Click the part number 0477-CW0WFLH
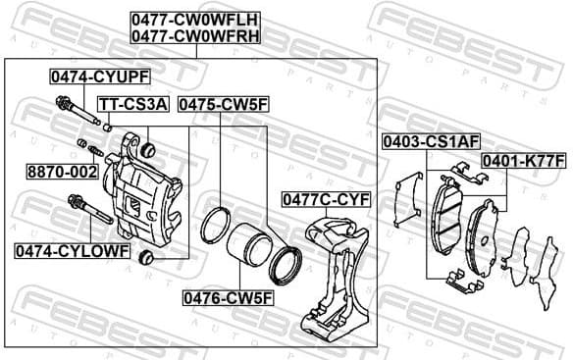[196, 18]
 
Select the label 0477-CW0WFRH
[196, 36]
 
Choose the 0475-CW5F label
[223, 103]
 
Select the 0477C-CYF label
[327, 199]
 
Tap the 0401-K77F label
[523, 161]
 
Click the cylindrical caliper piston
[250, 250]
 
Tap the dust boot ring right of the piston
[286, 262]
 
